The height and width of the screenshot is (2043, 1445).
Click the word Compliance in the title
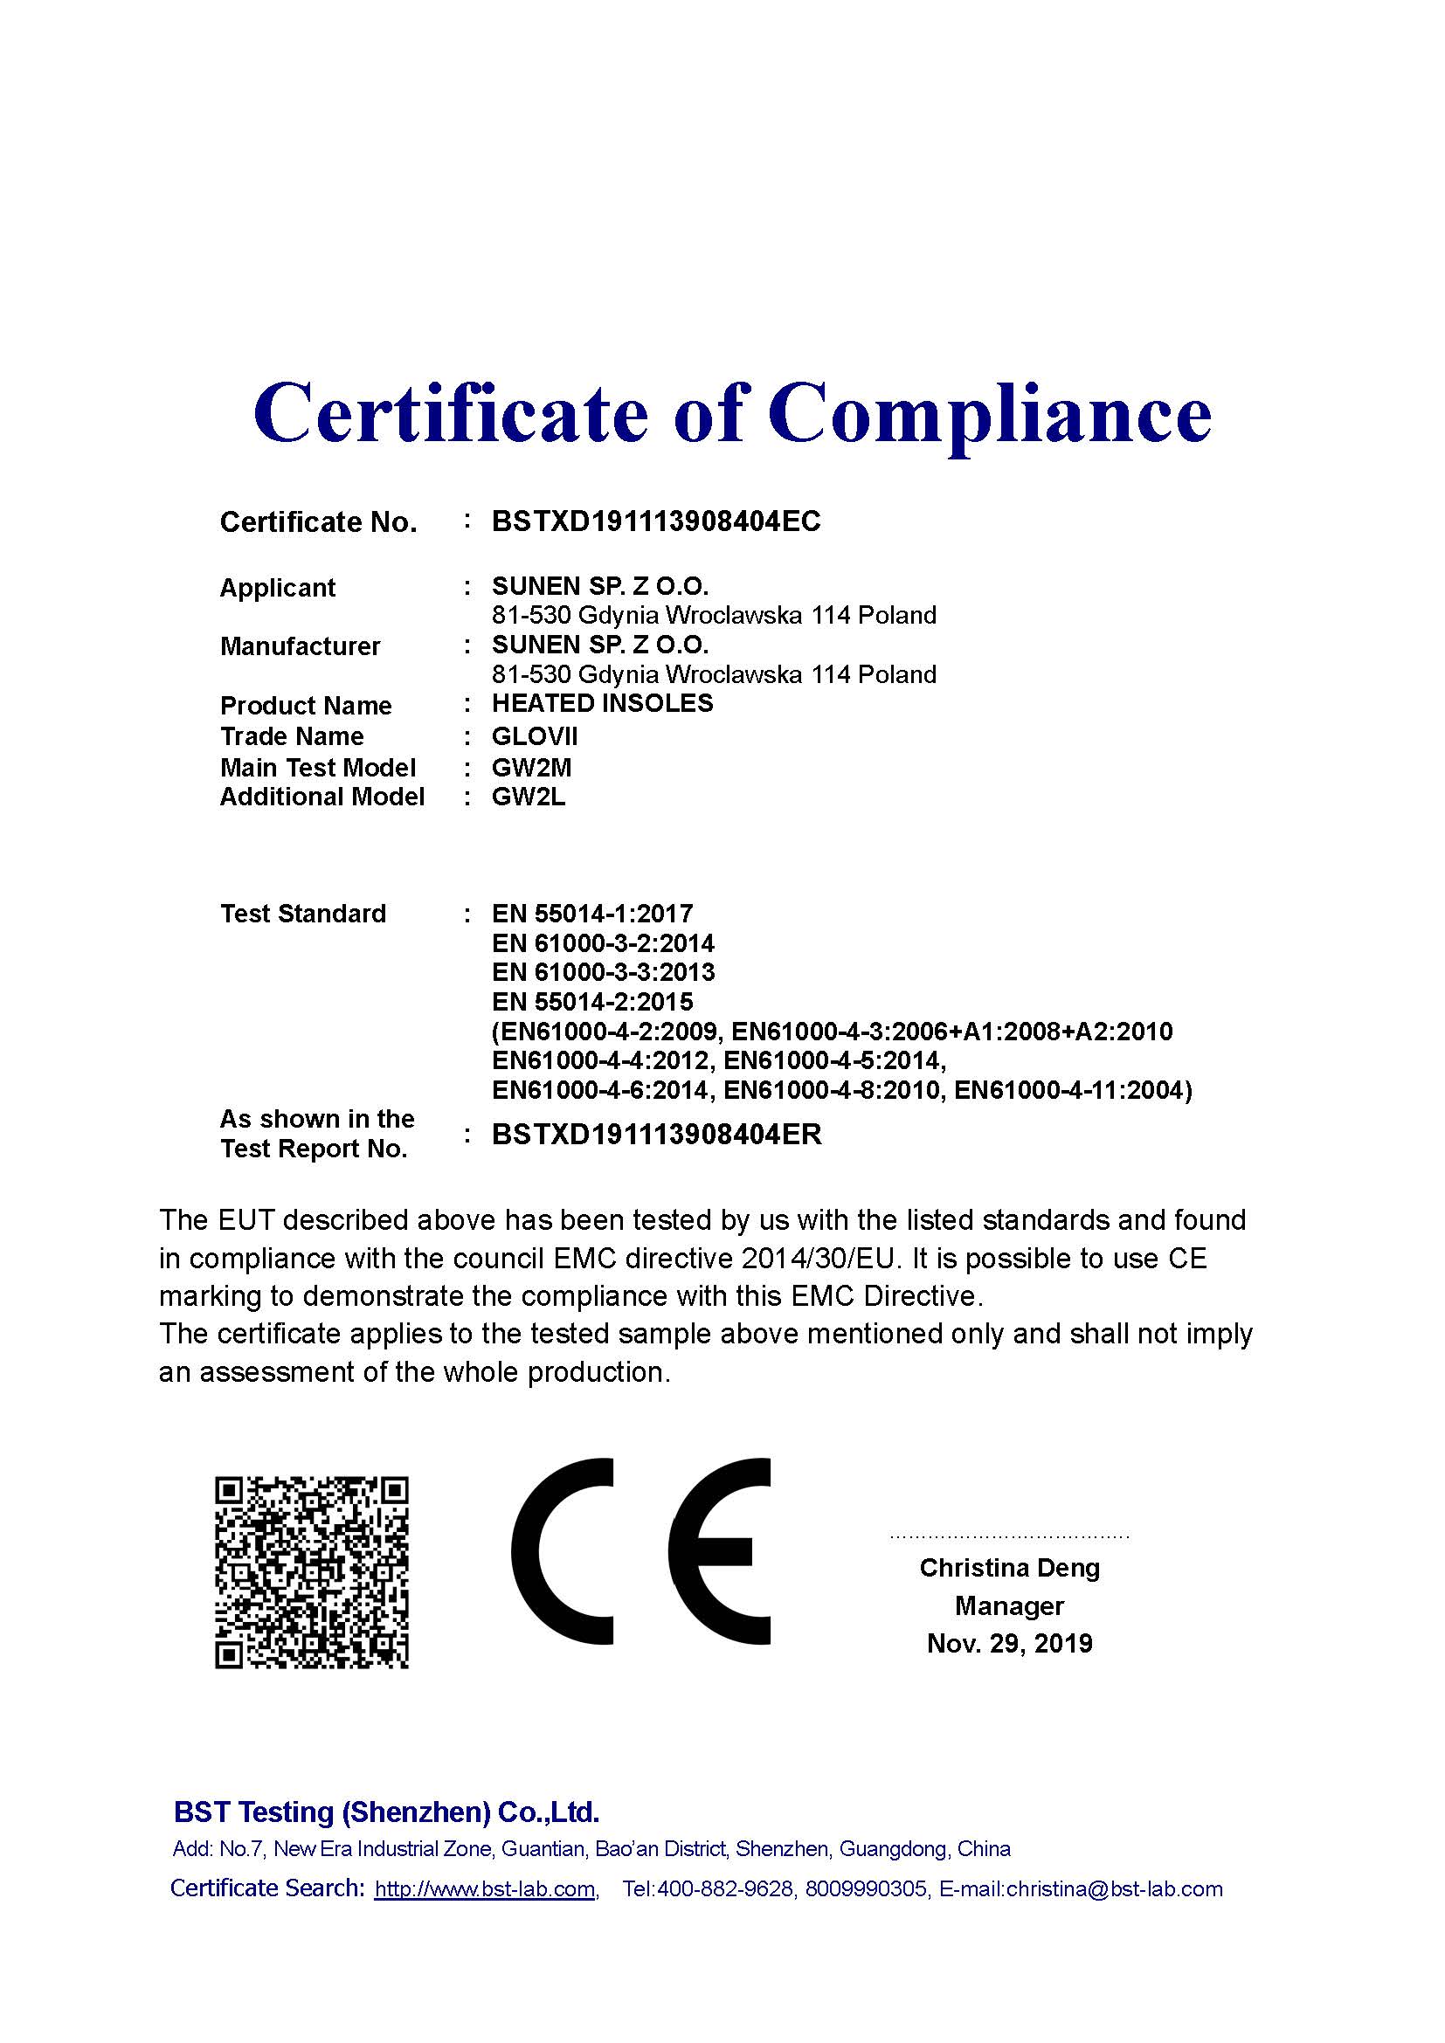pyautogui.click(x=990, y=414)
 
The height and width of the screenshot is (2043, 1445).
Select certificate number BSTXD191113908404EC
pyautogui.click(x=656, y=521)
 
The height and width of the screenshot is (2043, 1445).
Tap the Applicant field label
pyautogui.click(x=278, y=588)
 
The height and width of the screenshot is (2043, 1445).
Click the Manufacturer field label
pyautogui.click(x=300, y=646)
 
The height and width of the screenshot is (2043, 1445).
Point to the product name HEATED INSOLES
pyautogui.click(x=603, y=704)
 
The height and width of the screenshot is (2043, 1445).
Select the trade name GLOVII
pyautogui.click(x=535, y=737)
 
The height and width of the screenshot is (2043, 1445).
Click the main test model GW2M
pyautogui.click(x=531, y=767)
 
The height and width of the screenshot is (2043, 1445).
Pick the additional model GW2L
pyautogui.click(x=529, y=797)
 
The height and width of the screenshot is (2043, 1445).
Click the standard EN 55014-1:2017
pyautogui.click(x=591, y=914)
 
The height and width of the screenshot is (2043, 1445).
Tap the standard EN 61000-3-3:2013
pyautogui.click(x=604, y=972)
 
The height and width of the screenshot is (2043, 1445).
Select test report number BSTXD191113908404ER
pyautogui.click(x=657, y=1135)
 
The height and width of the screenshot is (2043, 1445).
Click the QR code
pyautogui.click(x=311, y=1572)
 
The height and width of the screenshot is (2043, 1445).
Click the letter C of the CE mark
pyautogui.click(x=563, y=1551)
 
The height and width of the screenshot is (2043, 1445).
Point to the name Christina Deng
pyautogui.click(x=1009, y=1568)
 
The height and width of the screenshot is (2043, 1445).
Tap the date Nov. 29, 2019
pyautogui.click(x=1009, y=1644)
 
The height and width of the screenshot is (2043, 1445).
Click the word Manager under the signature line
pyautogui.click(x=1009, y=1606)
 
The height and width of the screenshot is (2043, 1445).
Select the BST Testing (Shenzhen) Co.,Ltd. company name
pyautogui.click(x=386, y=1812)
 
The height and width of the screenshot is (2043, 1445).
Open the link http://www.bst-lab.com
pyautogui.click(x=485, y=1889)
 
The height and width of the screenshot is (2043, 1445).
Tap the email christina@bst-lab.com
pyautogui.click(x=1114, y=1889)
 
